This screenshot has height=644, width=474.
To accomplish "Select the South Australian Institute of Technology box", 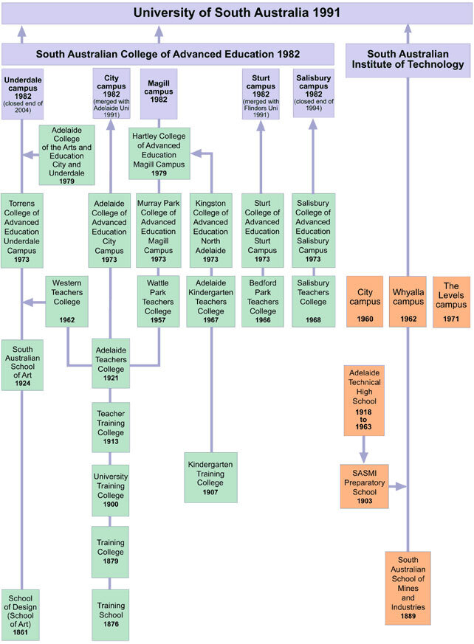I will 408,59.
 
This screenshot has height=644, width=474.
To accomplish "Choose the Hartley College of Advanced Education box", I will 159,153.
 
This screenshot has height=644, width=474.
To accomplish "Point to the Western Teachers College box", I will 67,301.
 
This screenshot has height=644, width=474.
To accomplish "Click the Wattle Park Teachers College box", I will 159,301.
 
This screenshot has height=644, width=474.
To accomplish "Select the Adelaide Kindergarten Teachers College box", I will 211,301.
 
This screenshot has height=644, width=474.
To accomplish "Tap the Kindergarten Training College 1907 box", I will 211,477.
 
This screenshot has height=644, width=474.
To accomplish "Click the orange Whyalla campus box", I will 408,301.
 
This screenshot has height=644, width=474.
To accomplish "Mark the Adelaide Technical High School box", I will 365,400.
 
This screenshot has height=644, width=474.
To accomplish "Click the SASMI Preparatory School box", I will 364,486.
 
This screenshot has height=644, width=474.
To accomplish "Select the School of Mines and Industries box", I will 408,587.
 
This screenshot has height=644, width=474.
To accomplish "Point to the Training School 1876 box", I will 111,614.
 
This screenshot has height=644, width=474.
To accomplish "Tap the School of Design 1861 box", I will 21,614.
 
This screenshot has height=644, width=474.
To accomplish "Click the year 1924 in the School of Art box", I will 21,384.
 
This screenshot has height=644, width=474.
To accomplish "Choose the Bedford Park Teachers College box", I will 262,301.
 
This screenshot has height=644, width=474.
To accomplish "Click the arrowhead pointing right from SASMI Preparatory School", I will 401,486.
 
